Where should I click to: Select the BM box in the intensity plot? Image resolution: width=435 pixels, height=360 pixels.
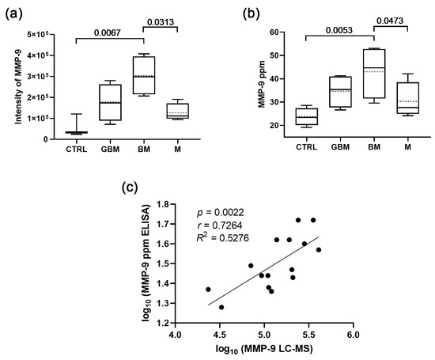(x=143, y=74)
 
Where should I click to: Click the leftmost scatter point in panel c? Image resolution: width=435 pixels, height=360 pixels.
(x=208, y=289)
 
